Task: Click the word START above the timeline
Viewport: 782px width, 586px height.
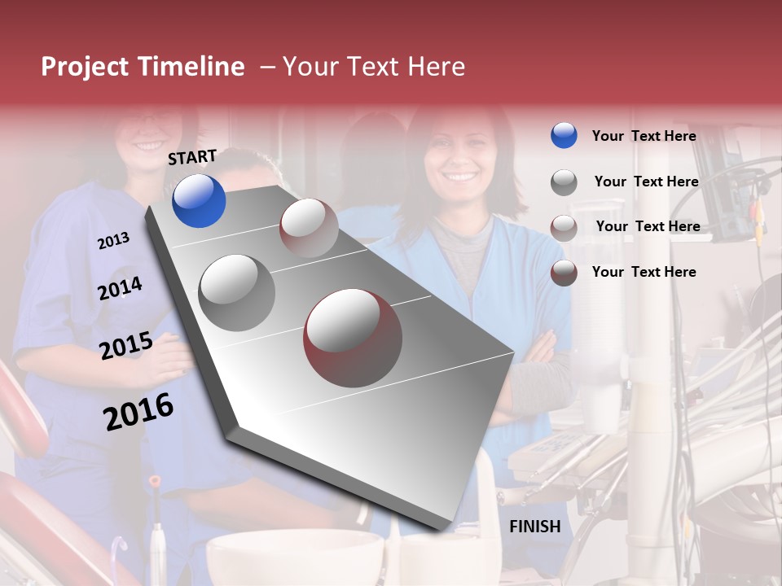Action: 192,156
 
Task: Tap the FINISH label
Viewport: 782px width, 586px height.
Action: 534,527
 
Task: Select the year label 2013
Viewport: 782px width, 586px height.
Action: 113,240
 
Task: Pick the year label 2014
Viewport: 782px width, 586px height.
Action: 120,288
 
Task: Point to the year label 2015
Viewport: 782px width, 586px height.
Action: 125,346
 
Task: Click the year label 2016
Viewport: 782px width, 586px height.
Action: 138,411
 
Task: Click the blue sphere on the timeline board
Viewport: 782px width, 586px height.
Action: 199,200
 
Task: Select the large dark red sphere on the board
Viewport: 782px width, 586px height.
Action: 353,338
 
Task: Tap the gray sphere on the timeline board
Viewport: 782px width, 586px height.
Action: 236,292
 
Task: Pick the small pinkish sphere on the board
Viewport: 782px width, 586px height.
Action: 308,228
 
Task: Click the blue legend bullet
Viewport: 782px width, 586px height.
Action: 564,136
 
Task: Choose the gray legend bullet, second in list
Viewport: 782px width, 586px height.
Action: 564,182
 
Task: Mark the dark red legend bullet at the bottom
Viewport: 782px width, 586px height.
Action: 564,273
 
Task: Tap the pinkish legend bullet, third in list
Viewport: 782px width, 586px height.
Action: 564,228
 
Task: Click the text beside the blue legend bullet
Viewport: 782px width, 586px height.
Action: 644,136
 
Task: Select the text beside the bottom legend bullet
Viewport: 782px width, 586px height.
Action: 644,272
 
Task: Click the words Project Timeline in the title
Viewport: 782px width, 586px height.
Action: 143,67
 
